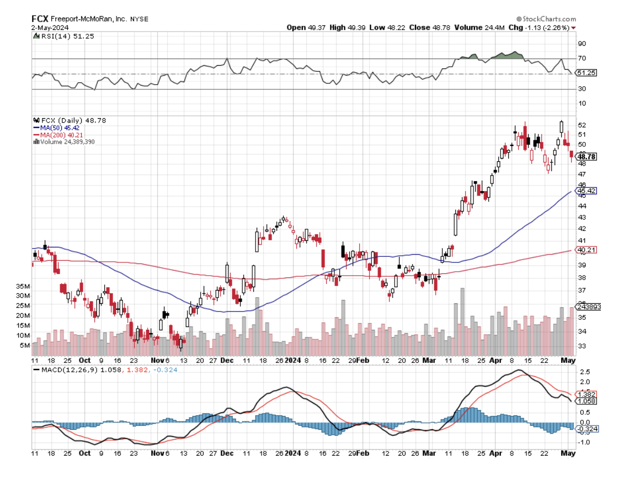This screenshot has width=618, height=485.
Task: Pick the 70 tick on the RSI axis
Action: (x=582, y=58)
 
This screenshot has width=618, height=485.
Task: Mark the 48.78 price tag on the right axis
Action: (x=585, y=157)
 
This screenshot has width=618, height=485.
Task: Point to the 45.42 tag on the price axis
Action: (x=585, y=191)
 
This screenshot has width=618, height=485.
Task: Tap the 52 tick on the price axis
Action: (x=582, y=125)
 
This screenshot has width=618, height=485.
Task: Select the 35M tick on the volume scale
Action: (x=23, y=286)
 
